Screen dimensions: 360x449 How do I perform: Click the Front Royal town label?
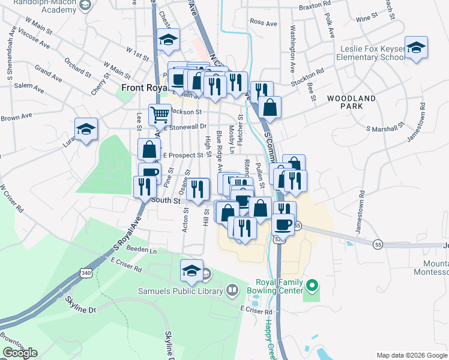point(142,88)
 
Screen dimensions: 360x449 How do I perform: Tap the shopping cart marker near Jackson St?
point(160,113)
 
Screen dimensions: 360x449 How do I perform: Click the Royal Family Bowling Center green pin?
point(311,284)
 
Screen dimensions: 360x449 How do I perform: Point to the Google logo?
point(20,353)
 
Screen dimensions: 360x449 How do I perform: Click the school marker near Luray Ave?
point(86,129)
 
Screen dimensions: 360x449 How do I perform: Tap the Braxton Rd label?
point(314,9)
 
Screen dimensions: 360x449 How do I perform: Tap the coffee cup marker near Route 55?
point(283,224)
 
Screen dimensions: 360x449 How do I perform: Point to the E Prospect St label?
point(184,155)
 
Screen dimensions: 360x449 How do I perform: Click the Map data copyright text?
point(411,355)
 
